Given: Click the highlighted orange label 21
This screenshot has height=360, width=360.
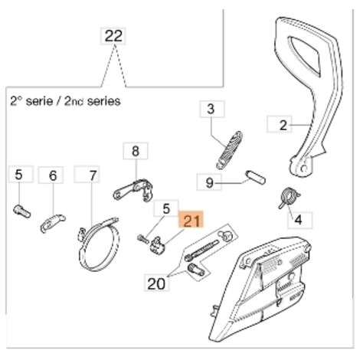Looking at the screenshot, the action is (191, 219).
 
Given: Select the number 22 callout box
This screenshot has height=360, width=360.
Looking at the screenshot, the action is (113, 36).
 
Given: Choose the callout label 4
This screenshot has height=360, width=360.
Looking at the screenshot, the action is (299, 220).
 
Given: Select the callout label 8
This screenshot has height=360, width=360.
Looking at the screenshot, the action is (136, 151).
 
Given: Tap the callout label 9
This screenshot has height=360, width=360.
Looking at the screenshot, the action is (209, 182).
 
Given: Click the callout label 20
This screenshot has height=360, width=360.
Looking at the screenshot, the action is (157, 283).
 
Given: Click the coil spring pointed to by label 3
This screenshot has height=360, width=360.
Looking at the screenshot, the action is (229, 150).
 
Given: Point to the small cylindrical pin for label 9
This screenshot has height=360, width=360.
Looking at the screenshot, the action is (255, 177).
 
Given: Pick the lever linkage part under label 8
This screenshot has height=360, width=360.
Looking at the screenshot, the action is (133, 191).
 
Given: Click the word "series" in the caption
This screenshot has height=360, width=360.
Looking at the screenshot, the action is (103, 101).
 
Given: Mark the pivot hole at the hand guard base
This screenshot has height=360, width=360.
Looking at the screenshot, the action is (303, 169).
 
